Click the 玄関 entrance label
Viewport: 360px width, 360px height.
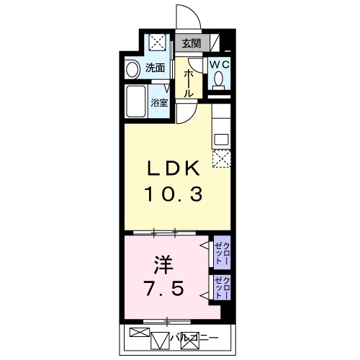coord(191,43)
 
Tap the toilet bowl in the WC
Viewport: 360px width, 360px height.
coord(219,78)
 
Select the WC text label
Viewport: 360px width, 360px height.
coord(220,64)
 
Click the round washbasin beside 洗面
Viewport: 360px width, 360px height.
coord(132,70)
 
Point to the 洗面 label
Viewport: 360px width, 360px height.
coord(156,68)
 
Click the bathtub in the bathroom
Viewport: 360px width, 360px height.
coord(136,101)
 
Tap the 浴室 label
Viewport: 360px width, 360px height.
coord(159,103)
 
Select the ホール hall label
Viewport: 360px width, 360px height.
coord(189,84)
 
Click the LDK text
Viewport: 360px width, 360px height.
coord(174,168)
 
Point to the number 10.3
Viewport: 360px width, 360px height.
coord(174,194)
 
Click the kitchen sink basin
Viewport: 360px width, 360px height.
coord(221,140)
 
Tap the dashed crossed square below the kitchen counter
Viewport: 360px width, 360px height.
coord(221,158)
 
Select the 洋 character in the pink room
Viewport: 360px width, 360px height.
coord(163,264)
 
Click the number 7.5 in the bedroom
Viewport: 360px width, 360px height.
coord(164,288)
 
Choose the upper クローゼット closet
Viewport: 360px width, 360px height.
coord(222,253)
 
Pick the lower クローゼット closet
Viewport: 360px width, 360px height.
coord(222,287)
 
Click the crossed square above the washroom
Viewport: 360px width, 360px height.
coord(158,42)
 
